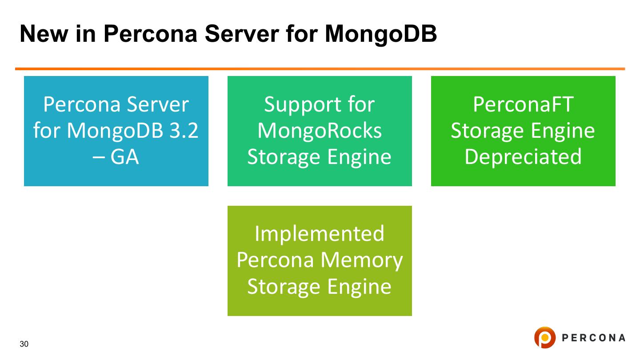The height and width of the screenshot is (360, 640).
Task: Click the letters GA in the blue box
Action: click(124, 156)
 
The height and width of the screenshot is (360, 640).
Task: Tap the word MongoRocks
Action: click(320, 131)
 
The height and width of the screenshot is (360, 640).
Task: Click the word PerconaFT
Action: click(523, 105)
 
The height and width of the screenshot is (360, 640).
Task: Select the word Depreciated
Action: click(523, 156)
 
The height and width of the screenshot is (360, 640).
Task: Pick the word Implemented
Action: click(320, 234)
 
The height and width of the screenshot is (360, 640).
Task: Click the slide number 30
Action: click(24, 344)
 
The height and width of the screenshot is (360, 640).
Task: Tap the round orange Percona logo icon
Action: click(544, 337)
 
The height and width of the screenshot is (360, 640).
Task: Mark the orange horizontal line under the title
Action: click(320, 69)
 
